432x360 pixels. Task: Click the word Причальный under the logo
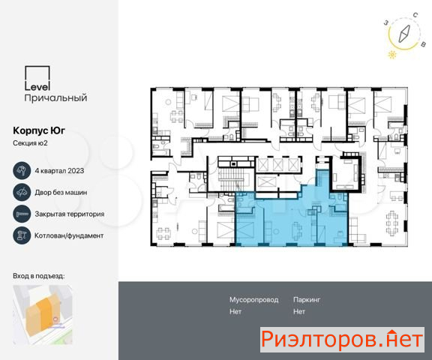tap(55, 98)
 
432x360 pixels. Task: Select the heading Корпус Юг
tap(39, 130)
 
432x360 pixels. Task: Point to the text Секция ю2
tap(30, 143)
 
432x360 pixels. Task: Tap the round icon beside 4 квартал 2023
tap(22, 170)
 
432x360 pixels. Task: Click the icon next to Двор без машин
tap(22, 192)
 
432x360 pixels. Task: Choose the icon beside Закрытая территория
tap(22, 214)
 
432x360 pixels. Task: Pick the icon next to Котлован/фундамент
tap(22, 235)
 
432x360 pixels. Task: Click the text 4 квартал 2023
tap(59, 171)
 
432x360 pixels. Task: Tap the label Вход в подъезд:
tap(38, 276)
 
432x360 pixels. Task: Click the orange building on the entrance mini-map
tap(42, 314)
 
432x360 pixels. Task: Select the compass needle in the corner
tap(404, 34)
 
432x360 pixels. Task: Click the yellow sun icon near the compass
tap(392, 55)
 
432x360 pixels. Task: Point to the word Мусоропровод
tap(253, 300)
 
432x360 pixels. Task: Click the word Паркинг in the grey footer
tap(307, 300)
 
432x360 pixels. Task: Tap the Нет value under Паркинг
tap(299, 311)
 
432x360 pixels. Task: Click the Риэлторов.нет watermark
tap(342, 340)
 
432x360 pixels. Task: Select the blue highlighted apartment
tap(292, 217)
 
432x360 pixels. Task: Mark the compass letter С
tap(415, 15)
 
